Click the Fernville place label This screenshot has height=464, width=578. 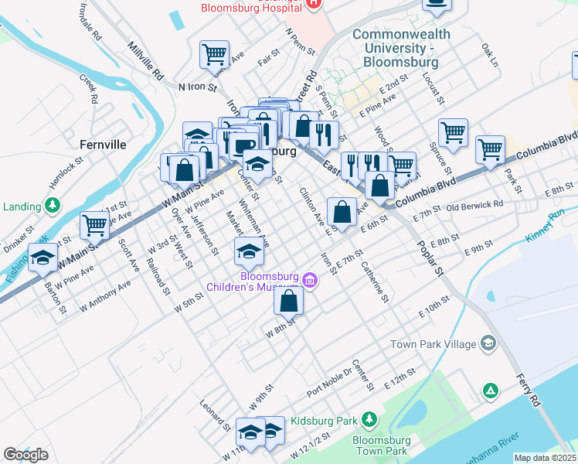(x=103, y=144)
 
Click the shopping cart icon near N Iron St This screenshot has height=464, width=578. (x=214, y=54)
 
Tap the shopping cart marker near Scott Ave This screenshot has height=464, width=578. (x=94, y=226)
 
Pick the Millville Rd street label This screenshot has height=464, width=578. (x=147, y=62)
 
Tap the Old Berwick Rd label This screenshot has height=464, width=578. (x=474, y=206)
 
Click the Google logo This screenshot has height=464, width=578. (x=25, y=455)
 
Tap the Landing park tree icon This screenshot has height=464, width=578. (x=53, y=206)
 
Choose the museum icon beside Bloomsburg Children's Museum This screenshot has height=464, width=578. (x=311, y=279)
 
